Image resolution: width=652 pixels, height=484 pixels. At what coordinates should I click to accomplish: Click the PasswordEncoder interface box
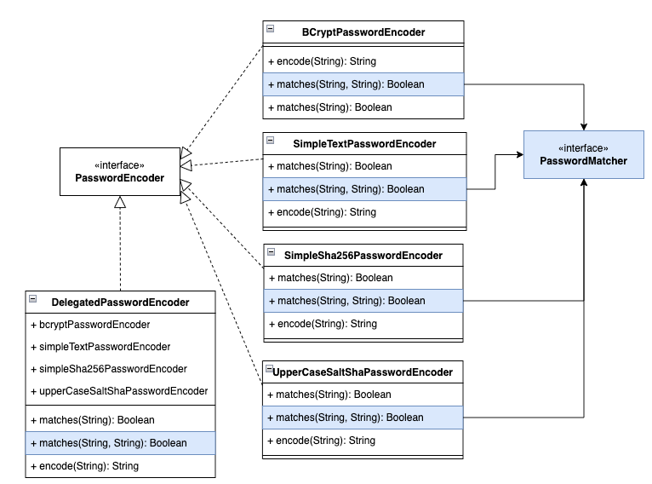119,171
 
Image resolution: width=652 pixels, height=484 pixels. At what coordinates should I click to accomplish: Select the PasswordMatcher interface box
583,154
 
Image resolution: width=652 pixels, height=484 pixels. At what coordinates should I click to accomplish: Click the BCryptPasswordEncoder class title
363,32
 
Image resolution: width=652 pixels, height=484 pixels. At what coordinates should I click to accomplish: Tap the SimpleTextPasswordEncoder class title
363,144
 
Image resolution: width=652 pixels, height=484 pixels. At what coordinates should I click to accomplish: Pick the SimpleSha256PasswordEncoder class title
363,256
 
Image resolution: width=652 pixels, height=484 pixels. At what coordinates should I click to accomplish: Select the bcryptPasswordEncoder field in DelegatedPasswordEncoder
94,325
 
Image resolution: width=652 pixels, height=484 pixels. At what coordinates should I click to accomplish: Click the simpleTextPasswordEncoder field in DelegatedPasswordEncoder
105,347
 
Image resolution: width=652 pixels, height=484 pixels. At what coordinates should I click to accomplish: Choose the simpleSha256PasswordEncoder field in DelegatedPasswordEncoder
113,369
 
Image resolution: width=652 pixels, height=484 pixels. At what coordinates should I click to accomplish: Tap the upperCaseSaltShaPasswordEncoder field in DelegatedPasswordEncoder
123,391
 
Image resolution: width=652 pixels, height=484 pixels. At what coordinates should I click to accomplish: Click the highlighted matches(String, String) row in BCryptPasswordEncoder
363,84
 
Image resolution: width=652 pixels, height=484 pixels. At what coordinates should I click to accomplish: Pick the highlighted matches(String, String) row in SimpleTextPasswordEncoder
364,189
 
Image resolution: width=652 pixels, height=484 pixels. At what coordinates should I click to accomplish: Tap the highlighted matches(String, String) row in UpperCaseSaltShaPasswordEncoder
363,418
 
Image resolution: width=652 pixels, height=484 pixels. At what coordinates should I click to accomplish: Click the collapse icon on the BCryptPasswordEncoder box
271,28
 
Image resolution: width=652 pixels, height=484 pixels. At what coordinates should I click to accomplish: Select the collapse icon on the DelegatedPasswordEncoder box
33,298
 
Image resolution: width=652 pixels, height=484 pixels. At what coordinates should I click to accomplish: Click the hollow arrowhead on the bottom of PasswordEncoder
120,202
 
